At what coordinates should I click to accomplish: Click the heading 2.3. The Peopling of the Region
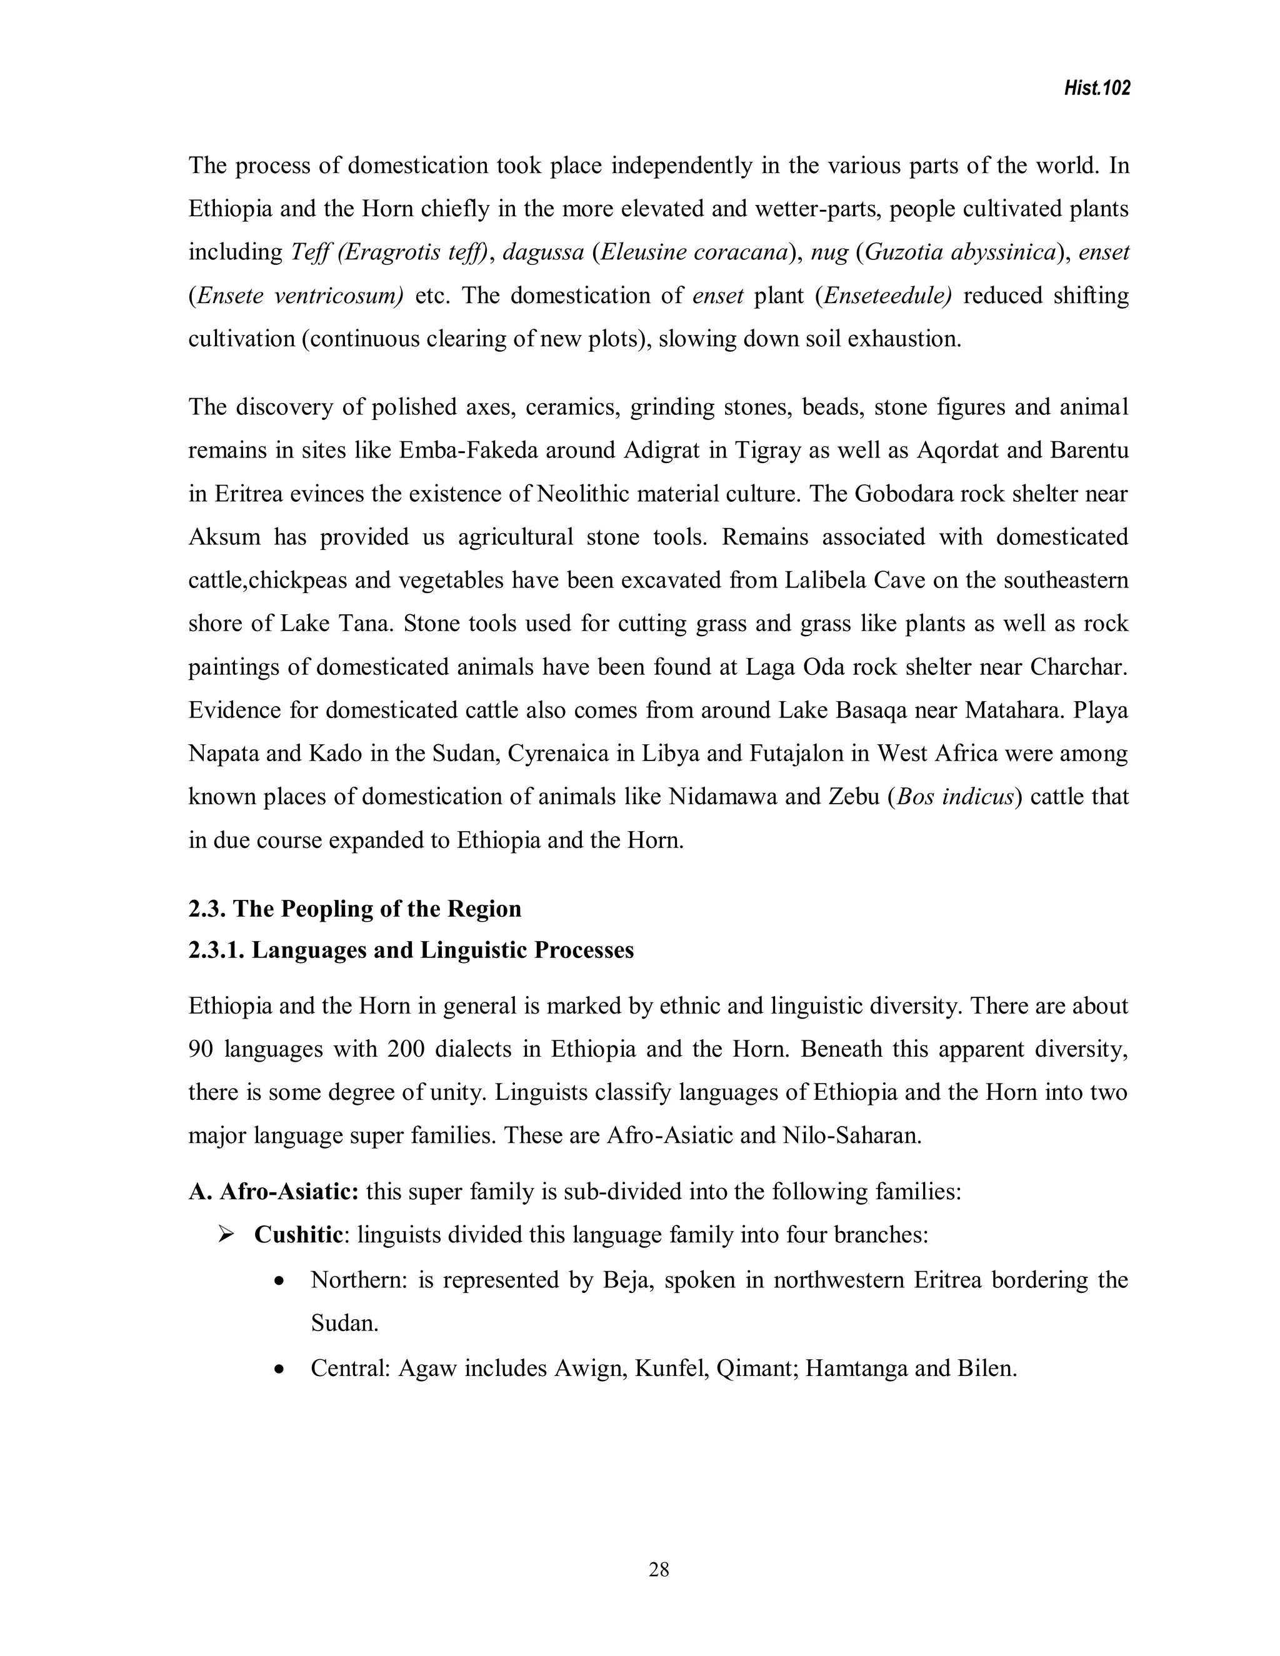tap(355, 909)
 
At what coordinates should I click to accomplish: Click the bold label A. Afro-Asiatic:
tap(273, 1191)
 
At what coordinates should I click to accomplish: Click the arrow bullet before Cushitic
tap(225, 1235)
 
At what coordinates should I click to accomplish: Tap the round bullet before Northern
tap(280, 1282)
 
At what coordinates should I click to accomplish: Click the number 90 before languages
tap(200, 1049)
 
